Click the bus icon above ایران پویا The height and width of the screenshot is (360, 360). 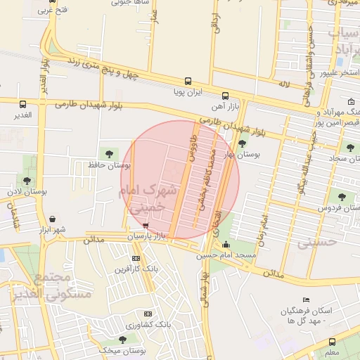click(188, 81)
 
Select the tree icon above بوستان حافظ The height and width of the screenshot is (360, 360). click(108, 153)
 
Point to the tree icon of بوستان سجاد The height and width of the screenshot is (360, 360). click(349, 148)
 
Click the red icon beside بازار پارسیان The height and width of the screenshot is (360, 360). click(146, 226)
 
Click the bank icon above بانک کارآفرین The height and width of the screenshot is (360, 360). click(136, 258)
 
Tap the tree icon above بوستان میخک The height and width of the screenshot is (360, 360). click(123, 339)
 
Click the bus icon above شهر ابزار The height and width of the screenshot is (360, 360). click(55, 219)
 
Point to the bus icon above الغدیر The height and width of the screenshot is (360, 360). click(23, 104)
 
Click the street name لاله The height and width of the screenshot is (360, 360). click(284, 84)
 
